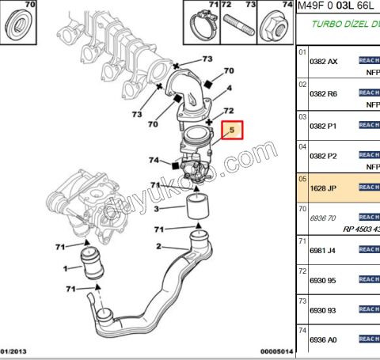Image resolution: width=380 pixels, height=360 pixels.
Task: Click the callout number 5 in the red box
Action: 232,130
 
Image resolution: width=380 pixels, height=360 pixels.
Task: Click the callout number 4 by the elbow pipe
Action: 230,89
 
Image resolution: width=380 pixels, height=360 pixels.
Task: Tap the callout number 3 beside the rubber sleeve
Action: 157,209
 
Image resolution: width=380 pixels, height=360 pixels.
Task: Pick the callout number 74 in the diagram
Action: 154,161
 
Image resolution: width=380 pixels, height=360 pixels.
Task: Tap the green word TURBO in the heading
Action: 325,25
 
